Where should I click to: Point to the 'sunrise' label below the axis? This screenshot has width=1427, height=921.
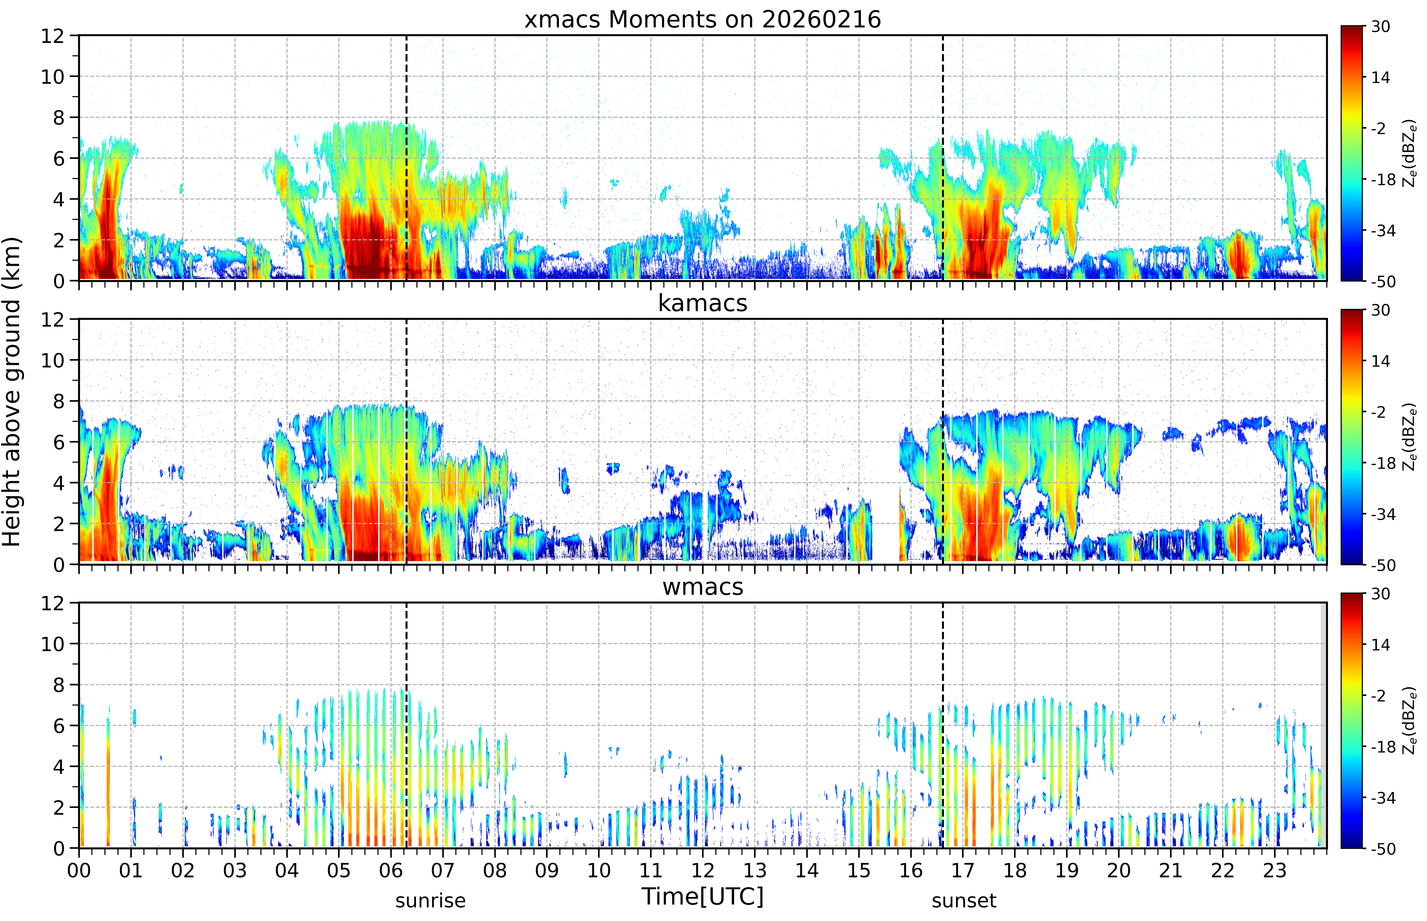pos(430,901)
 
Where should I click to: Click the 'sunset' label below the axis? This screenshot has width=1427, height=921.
pos(964,901)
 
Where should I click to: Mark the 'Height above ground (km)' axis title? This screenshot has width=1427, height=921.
pos(12,392)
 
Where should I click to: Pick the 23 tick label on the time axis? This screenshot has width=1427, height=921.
pos(1275,870)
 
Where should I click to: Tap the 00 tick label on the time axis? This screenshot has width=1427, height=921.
pos(79,870)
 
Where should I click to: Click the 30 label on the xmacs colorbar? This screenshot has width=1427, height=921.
pos(1380,26)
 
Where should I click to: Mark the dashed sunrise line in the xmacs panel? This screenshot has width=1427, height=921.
pos(407,158)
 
